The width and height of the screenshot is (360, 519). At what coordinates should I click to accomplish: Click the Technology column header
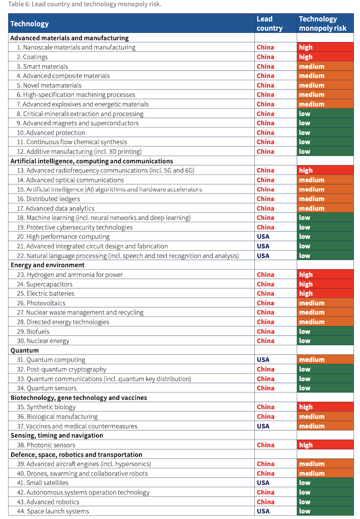click(x=30, y=23)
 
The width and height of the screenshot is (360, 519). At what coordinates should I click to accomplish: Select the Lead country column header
click(x=270, y=23)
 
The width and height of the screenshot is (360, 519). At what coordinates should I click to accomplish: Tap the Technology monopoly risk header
click(x=323, y=23)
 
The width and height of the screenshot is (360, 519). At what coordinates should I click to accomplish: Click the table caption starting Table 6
click(x=85, y=5)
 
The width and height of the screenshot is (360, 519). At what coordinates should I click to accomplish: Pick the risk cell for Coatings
click(x=325, y=57)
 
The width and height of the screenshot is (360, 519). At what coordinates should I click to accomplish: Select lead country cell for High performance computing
click(x=263, y=237)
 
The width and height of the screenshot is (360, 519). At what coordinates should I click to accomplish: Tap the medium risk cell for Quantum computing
click(x=325, y=360)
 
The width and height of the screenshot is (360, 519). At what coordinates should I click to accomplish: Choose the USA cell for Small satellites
click(x=263, y=483)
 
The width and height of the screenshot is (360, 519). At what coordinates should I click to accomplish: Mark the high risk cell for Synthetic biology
click(x=325, y=407)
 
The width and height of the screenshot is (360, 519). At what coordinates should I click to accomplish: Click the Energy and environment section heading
click(x=47, y=265)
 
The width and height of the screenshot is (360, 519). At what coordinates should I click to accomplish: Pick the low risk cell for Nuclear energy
click(x=325, y=341)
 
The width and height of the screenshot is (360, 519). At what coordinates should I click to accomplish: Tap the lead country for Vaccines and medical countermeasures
click(x=263, y=426)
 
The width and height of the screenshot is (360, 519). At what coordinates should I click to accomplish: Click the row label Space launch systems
click(x=58, y=511)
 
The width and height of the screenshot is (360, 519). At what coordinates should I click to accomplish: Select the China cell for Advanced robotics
click(x=265, y=502)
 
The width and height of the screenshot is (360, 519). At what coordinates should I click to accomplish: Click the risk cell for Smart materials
click(x=325, y=66)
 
